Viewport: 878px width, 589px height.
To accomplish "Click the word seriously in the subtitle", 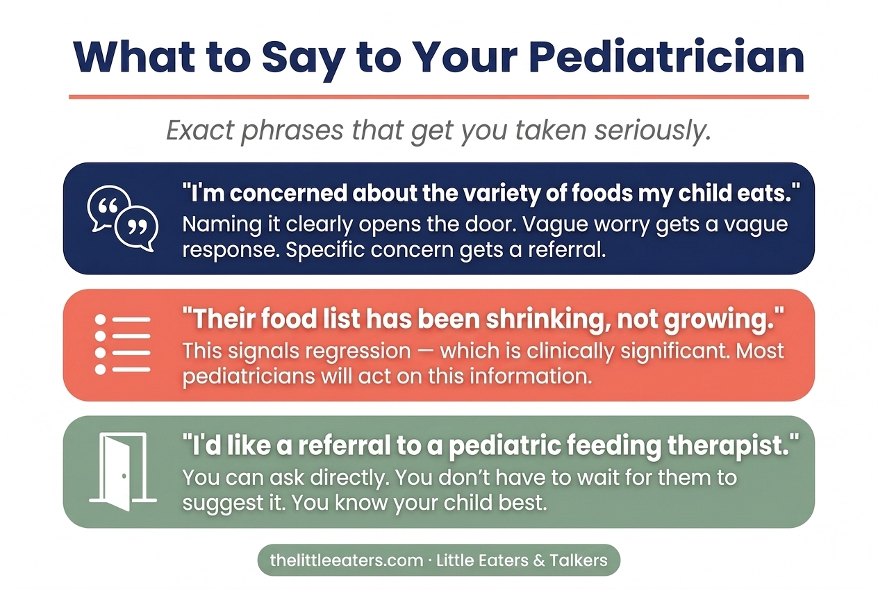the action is coord(652,131).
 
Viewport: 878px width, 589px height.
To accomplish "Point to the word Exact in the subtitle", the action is coord(200,130).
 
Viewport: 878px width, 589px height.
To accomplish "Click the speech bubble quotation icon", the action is coord(123,218).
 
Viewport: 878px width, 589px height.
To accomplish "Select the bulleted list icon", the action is coord(123,344).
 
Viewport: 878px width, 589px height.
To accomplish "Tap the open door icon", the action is coord(123,472).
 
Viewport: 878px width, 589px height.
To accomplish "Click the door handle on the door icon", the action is coord(124,476).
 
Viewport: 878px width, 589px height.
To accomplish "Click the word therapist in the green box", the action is coord(729,447).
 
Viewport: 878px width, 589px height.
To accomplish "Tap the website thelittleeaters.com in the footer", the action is coord(347,561).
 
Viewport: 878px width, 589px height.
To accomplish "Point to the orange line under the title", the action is coord(439,97).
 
